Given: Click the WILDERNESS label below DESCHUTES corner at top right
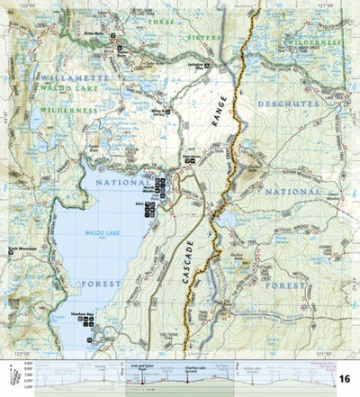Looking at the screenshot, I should click(x=317, y=42).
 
